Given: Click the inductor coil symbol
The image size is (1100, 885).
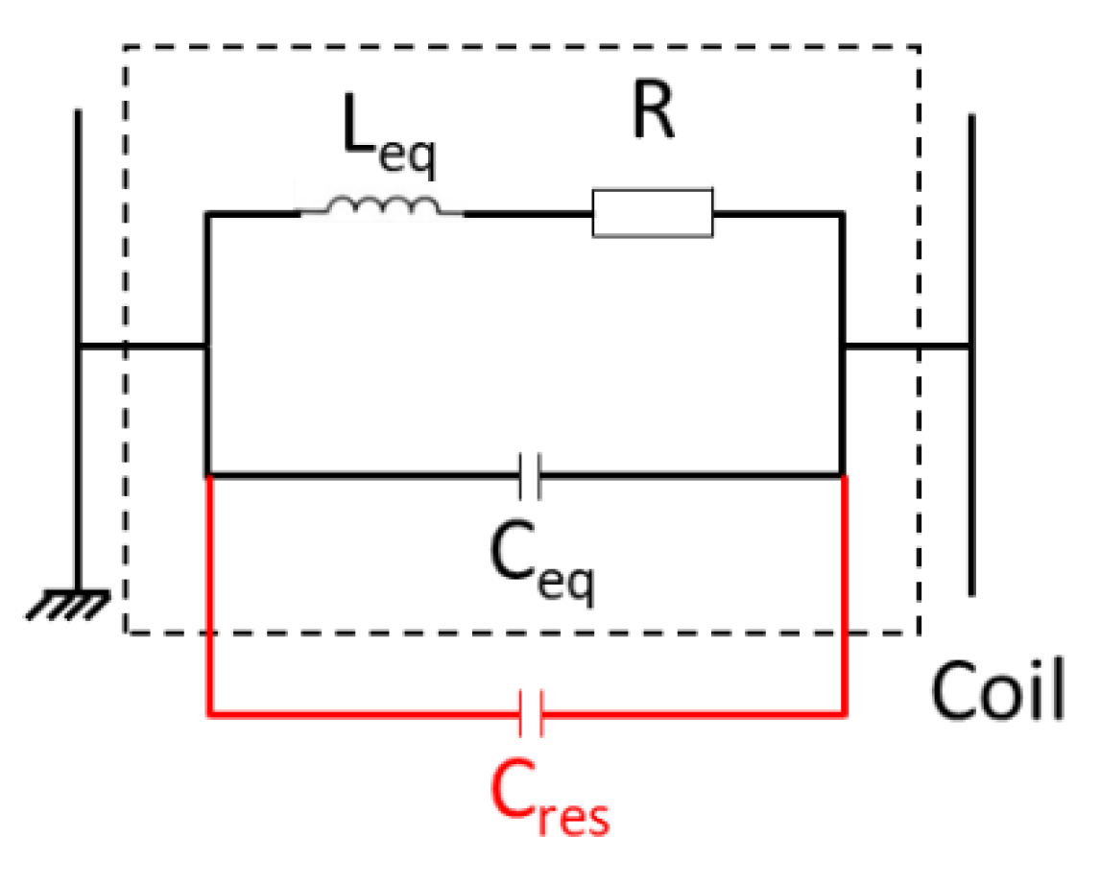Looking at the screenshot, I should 382,206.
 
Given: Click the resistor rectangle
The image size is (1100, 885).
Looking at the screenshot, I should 653,213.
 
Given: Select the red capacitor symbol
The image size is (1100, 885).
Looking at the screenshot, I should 531,714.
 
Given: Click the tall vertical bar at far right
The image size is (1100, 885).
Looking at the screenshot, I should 972,355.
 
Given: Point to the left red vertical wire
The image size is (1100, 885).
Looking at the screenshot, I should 209,595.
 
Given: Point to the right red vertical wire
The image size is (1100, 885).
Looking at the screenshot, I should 844,595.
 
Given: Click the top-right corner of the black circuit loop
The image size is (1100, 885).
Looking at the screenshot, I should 842,216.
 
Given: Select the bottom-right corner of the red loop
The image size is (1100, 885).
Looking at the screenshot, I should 844,714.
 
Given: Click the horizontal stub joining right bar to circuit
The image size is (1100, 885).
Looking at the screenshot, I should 907,346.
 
